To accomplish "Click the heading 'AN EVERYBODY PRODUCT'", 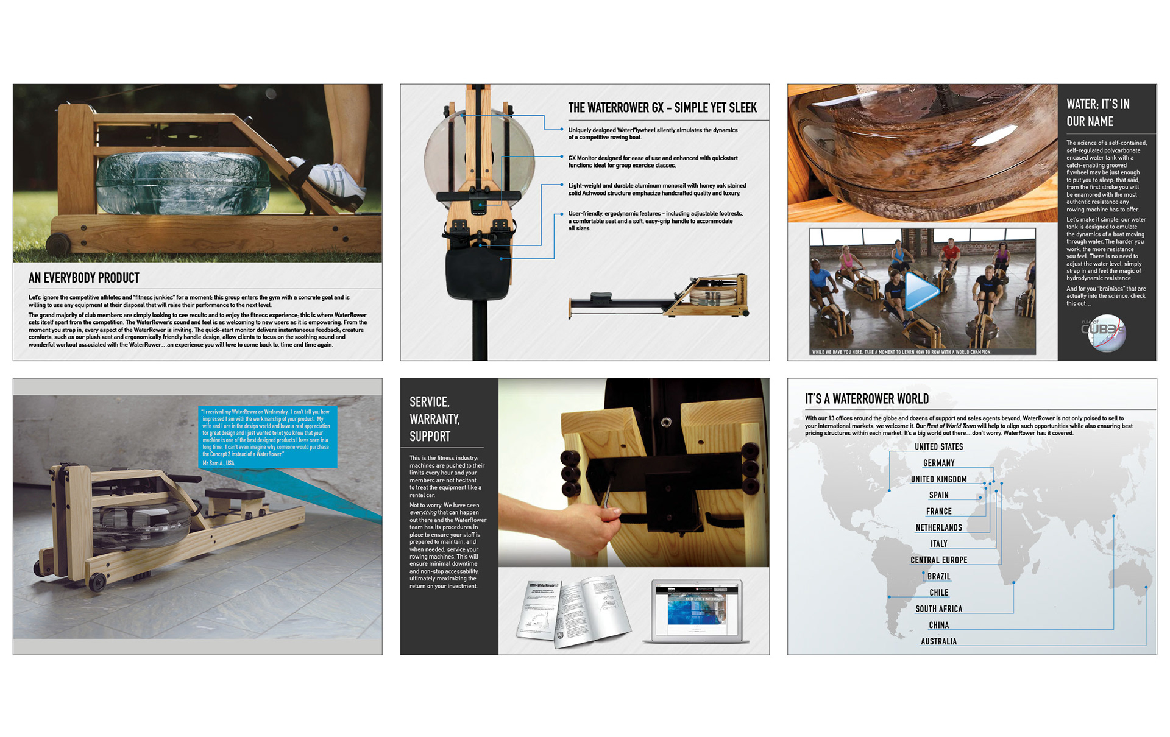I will click(x=84, y=278).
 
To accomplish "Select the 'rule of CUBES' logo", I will click(x=1105, y=333).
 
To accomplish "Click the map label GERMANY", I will click(x=938, y=463).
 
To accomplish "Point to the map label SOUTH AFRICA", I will click(x=938, y=609).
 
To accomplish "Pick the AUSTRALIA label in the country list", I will click(x=938, y=641).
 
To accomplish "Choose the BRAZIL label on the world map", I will click(x=938, y=576).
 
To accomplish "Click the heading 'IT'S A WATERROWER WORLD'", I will click(x=867, y=399).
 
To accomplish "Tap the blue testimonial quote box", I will click(x=268, y=437).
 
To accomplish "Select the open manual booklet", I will click(x=573, y=611).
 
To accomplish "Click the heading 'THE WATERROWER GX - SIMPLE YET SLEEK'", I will click(x=662, y=108).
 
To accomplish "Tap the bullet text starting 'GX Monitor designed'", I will click(x=653, y=161).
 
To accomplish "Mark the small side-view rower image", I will click(x=659, y=297).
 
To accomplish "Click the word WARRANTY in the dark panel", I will click(x=434, y=419).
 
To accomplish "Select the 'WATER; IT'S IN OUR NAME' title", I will click(x=1097, y=113).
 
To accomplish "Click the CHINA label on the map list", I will click(x=938, y=625).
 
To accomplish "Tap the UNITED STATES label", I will click(x=938, y=446).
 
